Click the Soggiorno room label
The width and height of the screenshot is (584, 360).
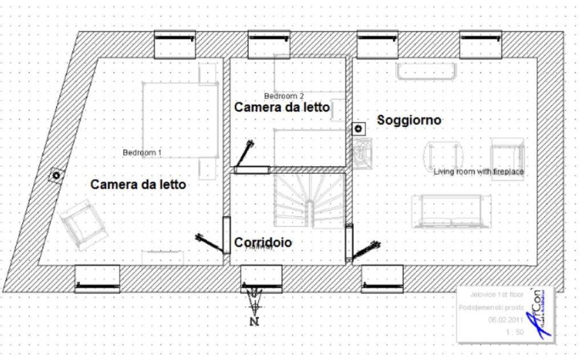click(x=409, y=119)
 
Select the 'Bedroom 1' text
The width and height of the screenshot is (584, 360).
click(x=142, y=153)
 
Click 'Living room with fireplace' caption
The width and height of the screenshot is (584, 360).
click(x=479, y=171)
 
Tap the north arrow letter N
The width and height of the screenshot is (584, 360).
click(x=255, y=321)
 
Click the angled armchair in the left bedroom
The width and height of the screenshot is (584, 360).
click(x=81, y=222)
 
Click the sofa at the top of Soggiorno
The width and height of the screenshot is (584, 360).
click(x=425, y=72)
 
